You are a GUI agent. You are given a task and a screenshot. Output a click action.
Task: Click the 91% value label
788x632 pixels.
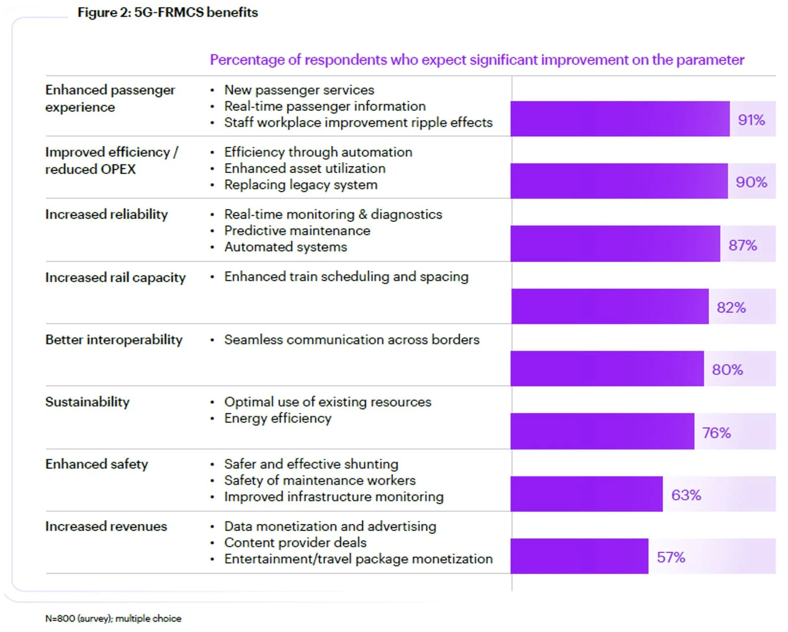[x=751, y=120]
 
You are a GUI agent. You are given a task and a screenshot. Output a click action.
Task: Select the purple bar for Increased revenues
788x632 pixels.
[x=579, y=556]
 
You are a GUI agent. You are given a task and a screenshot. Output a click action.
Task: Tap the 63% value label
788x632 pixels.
[x=686, y=495]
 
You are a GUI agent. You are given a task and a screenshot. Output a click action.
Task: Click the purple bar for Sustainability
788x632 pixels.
[x=602, y=431]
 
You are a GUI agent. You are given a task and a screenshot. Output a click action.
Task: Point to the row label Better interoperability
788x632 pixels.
[x=114, y=340]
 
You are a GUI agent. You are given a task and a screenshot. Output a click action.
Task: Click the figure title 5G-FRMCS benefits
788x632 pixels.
[x=168, y=12]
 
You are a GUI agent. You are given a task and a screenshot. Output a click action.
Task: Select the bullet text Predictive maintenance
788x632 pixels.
[x=297, y=231]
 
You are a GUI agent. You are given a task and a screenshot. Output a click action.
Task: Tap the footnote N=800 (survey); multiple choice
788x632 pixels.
[x=113, y=618]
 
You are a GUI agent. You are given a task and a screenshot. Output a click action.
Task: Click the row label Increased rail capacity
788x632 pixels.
[x=115, y=277]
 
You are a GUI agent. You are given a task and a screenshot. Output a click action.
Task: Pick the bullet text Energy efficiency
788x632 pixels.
[x=277, y=418]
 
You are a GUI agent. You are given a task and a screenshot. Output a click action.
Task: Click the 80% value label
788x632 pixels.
[x=727, y=370]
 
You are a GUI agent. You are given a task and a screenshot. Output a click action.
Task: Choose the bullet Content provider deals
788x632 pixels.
[x=295, y=542]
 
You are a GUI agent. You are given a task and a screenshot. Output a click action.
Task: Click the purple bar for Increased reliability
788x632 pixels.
[x=615, y=244]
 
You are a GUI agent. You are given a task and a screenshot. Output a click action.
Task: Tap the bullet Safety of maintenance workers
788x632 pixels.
[x=320, y=480]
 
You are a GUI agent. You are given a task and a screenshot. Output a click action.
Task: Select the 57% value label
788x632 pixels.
[x=670, y=557]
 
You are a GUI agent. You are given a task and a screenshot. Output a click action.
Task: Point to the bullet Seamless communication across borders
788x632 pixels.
[x=351, y=340]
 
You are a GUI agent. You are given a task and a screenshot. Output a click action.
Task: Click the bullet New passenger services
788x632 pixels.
[x=299, y=90]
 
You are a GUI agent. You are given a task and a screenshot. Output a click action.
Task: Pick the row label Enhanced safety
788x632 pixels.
[x=97, y=464]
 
